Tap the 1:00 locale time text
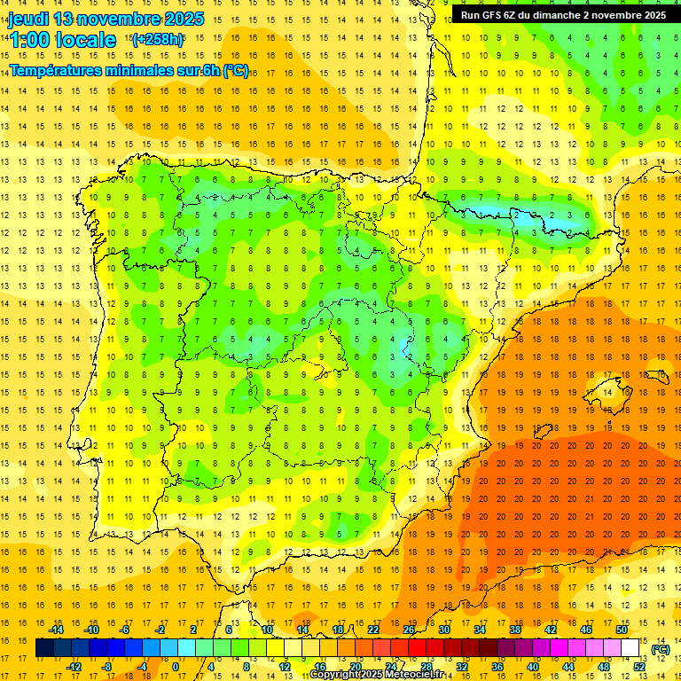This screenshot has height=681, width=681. [x=62, y=40]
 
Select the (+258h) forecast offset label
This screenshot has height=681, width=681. [x=157, y=40]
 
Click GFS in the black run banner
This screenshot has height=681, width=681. [x=495, y=15]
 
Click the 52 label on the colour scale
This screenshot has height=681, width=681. [x=639, y=667]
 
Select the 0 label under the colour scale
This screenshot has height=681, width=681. [x=176, y=667]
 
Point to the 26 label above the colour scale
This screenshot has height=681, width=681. [x=409, y=630]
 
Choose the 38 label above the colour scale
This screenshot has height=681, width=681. [x=515, y=630]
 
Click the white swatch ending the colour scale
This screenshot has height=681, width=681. [x=630, y=648]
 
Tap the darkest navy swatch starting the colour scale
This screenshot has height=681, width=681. [x=44, y=648]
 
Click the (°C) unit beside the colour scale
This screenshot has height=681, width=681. [x=660, y=648]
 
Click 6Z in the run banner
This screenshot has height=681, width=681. [x=518, y=15]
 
